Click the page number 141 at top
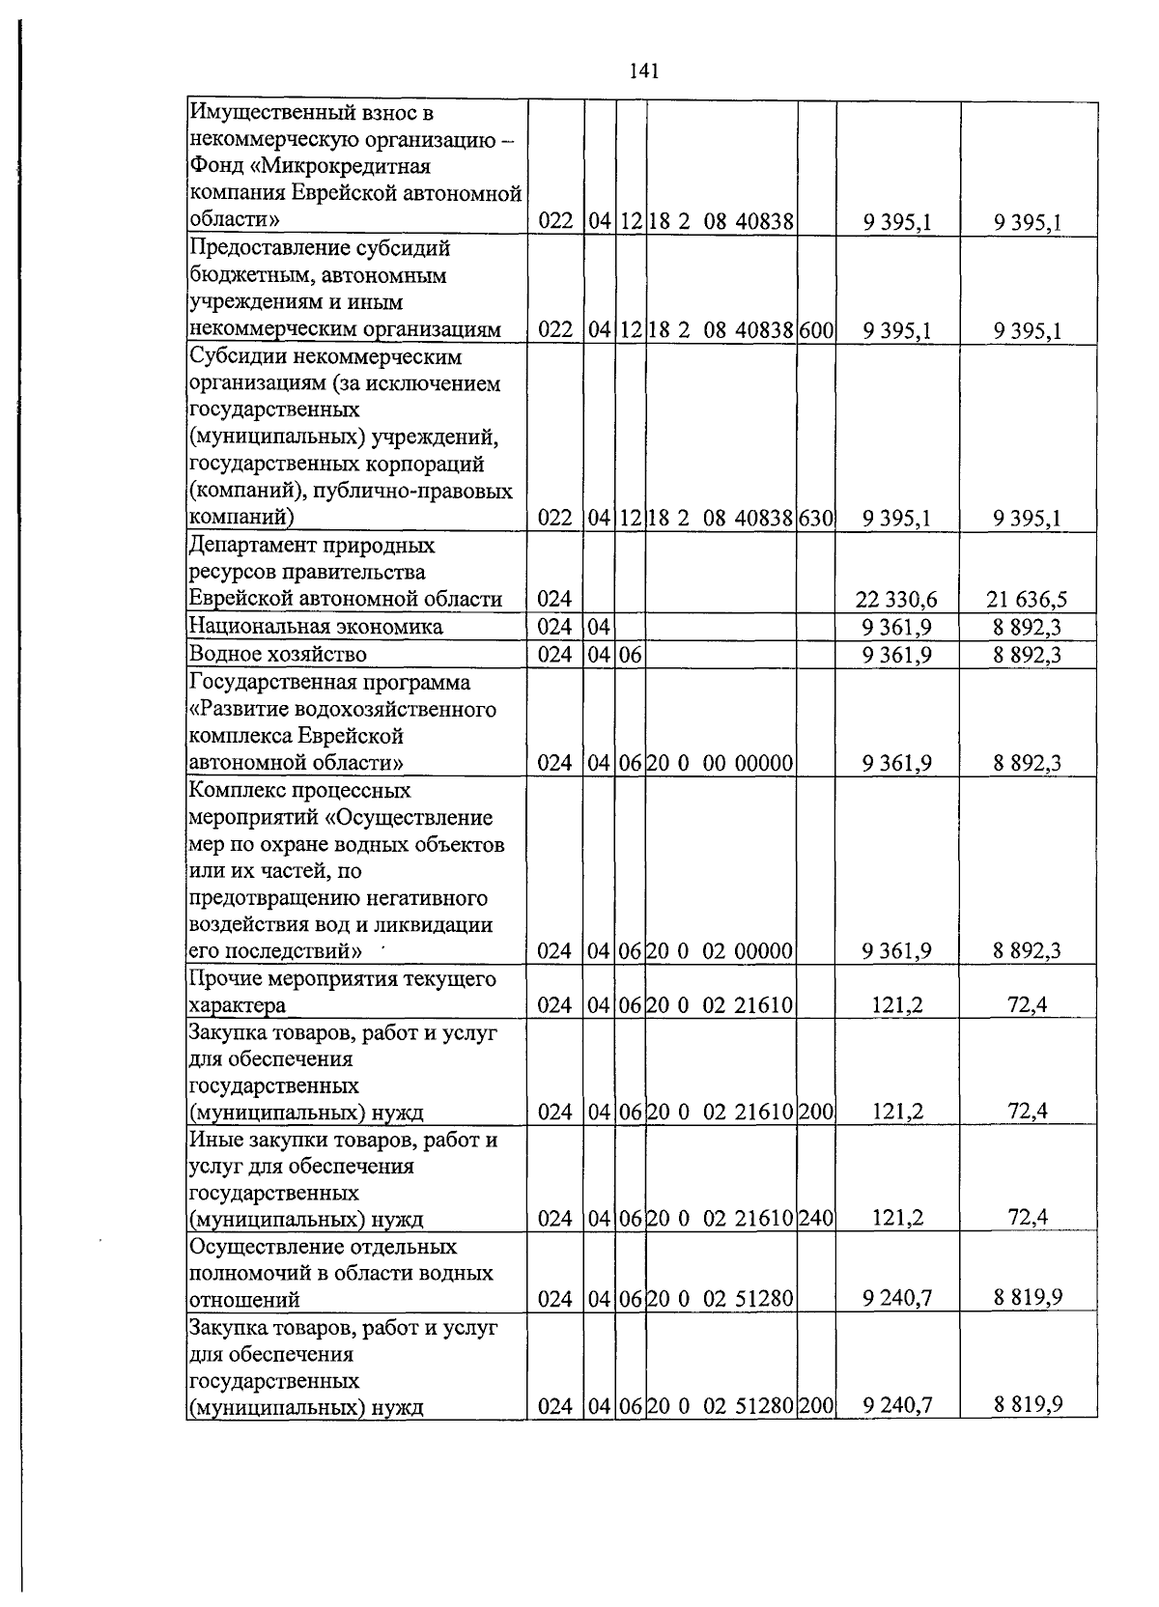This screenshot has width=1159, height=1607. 642,70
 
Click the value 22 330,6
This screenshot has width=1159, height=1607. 895,600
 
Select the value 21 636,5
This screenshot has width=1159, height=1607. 1027,600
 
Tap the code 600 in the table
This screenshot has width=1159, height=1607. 816,331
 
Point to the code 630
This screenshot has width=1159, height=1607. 816,520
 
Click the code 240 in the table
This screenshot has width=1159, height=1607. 816,1219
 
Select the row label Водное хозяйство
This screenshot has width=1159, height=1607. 278,655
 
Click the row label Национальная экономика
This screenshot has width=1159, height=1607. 316,628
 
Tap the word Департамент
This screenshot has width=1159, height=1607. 258,546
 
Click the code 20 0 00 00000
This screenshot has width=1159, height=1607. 720,764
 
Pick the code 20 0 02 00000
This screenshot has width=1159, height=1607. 720,951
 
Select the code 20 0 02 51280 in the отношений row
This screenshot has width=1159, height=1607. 720,1299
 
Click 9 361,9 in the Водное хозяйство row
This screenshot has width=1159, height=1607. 897,655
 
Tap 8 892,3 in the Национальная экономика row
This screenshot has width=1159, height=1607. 1027,628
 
